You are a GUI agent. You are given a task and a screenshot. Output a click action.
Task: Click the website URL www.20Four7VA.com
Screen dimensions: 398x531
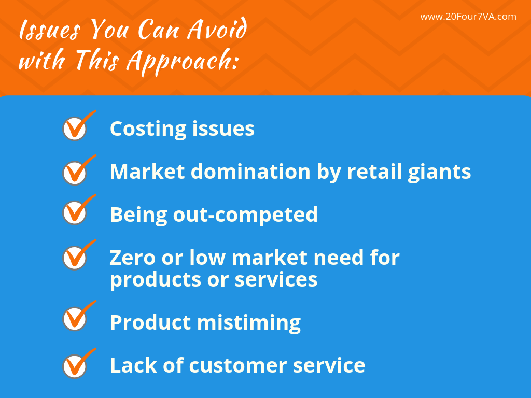pyautogui.click(x=468, y=17)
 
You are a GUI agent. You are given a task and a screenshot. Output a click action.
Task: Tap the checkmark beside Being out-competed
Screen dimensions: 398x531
pyautogui.click(x=76, y=212)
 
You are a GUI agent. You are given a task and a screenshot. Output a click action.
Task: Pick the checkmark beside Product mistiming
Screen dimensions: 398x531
pyautogui.click(x=76, y=319)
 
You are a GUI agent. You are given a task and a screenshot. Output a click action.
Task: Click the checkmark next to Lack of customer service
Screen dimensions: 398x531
pyautogui.click(x=76, y=366)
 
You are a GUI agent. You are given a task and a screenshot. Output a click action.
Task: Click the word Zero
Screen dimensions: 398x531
pyautogui.click(x=132, y=257)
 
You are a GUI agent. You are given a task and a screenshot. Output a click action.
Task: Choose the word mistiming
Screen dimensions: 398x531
pyautogui.click(x=249, y=323)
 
